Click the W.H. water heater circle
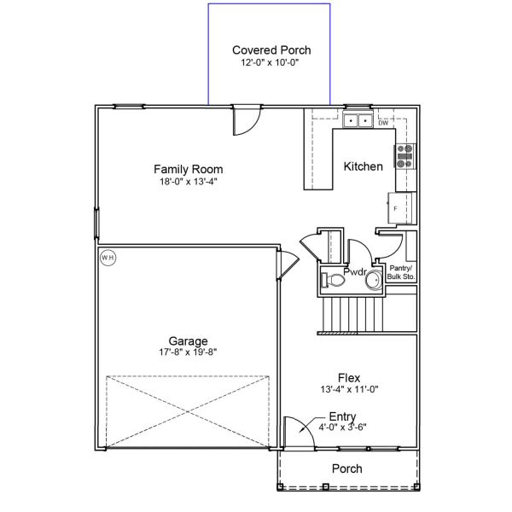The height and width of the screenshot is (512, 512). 108,258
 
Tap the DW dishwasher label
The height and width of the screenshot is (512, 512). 383,123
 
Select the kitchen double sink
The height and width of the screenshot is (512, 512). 358,120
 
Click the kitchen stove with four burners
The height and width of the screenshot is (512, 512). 404,156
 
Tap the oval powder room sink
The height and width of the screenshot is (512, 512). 374,281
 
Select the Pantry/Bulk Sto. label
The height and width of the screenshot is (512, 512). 401,272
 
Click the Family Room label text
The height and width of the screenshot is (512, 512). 189,169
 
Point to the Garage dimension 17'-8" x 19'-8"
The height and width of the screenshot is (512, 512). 188,352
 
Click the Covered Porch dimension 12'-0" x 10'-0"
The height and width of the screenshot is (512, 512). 270,62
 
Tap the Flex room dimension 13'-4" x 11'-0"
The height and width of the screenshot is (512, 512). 349,389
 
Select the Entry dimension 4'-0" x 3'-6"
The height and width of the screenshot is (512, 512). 342,428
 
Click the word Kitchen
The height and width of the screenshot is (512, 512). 364,166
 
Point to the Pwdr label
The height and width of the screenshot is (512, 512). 355,271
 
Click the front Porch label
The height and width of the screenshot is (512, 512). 346,468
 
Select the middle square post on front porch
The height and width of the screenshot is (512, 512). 325,486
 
